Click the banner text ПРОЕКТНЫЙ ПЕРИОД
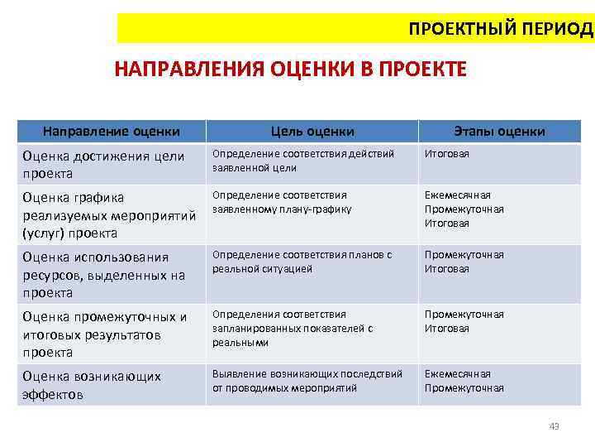coord(500,29)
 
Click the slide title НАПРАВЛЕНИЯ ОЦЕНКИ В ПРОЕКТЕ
coord(290,69)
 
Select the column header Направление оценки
coord(112,131)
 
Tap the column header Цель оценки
coord(312,131)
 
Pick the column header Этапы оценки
coord(499,131)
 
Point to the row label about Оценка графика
coord(108,214)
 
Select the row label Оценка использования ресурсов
coord(103,274)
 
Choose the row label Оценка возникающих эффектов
coord(91,385)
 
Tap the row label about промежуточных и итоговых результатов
coord(103,334)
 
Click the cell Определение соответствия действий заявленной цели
coord(303,161)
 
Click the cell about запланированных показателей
coord(293,328)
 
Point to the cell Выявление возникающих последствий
coord(307,381)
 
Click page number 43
coord(554,426)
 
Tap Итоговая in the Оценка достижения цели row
coord(446,154)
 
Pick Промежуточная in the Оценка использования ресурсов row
coord(464,255)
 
